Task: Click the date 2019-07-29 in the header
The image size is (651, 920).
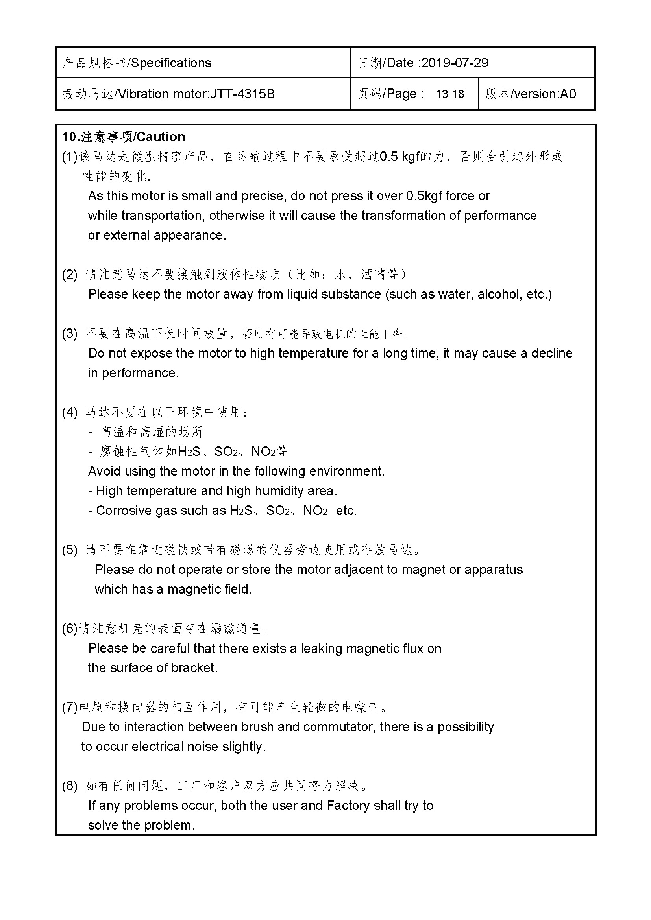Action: [x=455, y=63]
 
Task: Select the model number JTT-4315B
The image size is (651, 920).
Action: [x=242, y=94]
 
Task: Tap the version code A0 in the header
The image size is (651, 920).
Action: [x=568, y=94]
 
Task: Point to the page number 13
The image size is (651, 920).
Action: [x=442, y=94]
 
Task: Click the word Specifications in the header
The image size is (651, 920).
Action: [x=172, y=63]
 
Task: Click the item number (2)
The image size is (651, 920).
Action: [x=69, y=275]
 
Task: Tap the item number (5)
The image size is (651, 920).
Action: [x=69, y=550]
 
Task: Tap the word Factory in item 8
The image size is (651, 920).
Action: [x=348, y=806]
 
